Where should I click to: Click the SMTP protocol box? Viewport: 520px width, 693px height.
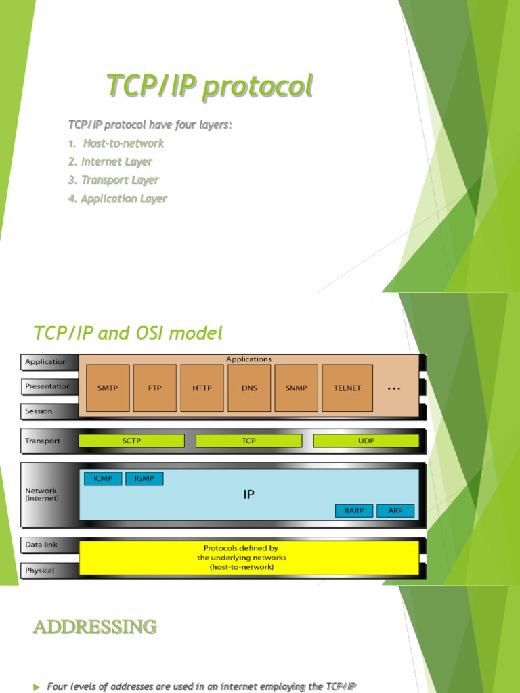107,388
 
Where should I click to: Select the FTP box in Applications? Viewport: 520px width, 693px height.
154,388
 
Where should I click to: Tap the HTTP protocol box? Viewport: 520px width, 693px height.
202,388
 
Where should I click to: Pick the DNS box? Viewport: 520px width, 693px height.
249,388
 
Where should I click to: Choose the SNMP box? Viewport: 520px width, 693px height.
297,388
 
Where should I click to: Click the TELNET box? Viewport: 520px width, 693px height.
347,388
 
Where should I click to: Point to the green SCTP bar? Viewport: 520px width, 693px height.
131,441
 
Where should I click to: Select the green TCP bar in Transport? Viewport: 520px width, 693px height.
248,441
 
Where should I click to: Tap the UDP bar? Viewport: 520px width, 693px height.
366,441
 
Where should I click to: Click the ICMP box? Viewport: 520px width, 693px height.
103,479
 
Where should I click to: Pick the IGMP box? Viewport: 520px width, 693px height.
144,479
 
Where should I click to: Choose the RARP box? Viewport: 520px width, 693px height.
354,510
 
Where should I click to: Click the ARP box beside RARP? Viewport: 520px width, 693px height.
395,510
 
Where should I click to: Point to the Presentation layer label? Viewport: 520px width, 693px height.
48,386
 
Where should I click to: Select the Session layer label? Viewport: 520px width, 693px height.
39,411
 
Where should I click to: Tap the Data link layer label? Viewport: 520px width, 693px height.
42,545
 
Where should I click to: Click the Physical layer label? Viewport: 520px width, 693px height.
40,571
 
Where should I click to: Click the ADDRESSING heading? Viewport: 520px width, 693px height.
95,627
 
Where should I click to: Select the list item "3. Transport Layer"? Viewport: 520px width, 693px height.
114,180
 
